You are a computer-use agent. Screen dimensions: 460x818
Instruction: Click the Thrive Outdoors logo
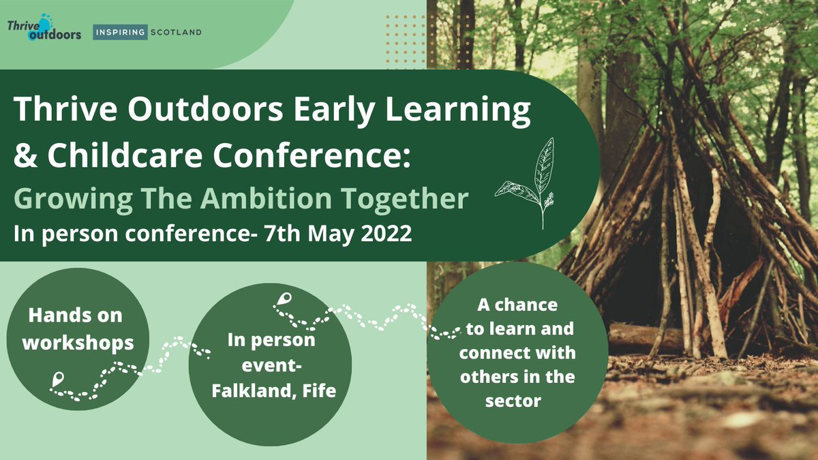[44, 30]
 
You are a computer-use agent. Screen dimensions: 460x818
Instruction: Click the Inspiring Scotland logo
[147, 31]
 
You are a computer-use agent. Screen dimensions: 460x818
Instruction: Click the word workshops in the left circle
[78, 342]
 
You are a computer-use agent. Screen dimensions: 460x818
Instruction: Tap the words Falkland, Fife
[269, 392]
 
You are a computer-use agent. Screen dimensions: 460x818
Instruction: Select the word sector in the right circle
[513, 400]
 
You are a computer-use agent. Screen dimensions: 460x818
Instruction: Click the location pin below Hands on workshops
[55, 379]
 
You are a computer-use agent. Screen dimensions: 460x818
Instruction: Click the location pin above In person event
[284, 299]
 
